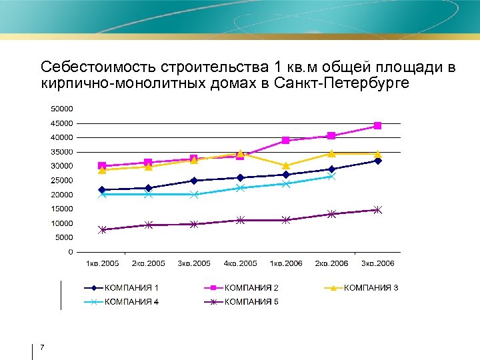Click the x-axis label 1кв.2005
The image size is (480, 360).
click(x=102, y=263)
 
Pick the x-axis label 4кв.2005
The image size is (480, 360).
click(x=240, y=263)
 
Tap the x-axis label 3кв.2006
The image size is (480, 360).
click(x=377, y=263)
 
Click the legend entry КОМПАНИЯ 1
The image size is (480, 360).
click(x=131, y=288)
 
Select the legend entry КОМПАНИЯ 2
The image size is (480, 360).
click(x=251, y=288)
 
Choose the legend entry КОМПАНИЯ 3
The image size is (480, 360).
click(x=371, y=288)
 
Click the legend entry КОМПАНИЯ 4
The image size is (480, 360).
click(x=131, y=302)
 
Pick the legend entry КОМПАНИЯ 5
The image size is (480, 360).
click(x=251, y=302)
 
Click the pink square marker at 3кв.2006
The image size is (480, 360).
click(x=377, y=126)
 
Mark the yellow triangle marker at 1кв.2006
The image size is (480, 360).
click(x=286, y=165)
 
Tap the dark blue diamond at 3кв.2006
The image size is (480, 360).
click(x=377, y=161)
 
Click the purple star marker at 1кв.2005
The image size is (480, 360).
click(x=102, y=230)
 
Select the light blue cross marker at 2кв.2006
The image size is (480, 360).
click(x=331, y=177)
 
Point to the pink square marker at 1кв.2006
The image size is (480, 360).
click(x=286, y=141)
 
